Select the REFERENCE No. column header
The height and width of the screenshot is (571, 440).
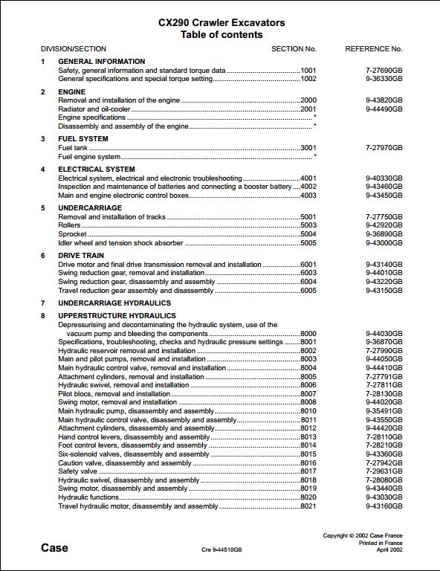[x=374, y=48]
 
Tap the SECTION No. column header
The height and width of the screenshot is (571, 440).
[x=294, y=48]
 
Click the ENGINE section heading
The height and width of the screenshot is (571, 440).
[x=72, y=91]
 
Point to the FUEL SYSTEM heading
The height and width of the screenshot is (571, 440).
[x=83, y=138]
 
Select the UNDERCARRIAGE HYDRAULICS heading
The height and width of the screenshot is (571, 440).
[x=114, y=303]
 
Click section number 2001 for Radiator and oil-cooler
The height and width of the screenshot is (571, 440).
[x=308, y=109]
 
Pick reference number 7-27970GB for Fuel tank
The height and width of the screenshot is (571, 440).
[x=384, y=148]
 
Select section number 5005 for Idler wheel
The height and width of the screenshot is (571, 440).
[x=308, y=242]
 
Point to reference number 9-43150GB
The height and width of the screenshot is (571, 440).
[x=384, y=290]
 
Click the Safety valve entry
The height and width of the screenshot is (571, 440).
[x=77, y=471]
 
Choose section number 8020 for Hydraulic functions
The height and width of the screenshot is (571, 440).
[x=308, y=497]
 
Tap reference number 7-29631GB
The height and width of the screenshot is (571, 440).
[x=384, y=471]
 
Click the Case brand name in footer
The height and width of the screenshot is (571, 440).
[x=54, y=548]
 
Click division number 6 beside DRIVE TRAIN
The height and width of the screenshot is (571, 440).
[x=43, y=255]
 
